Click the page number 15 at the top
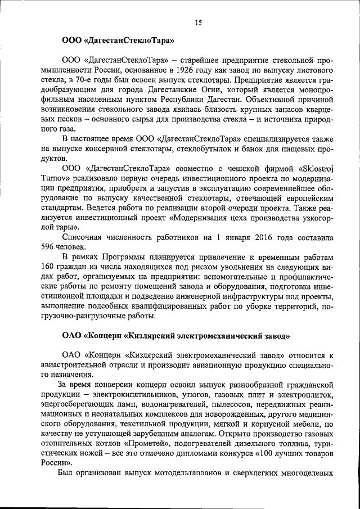pyautogui.click(x=197, y=22)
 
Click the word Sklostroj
pyautogui.click(x=312, y=168)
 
